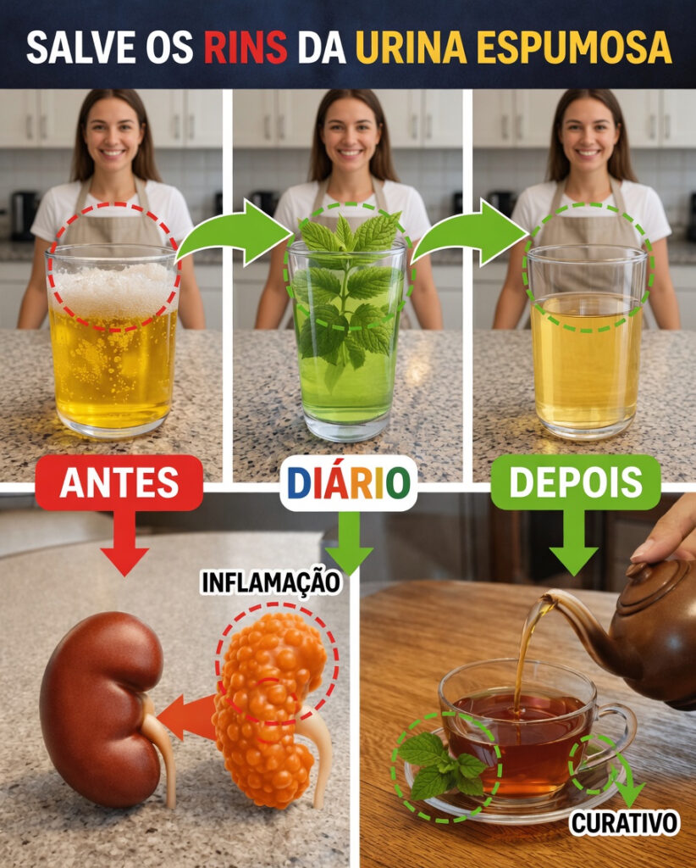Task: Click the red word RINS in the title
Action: point(246,47)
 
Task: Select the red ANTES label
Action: point(119,482)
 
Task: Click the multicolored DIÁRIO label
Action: point(348,482)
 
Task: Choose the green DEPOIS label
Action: point(576,481)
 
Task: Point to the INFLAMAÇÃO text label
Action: point(270,583)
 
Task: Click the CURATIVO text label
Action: point(624,823)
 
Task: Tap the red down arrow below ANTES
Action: point(124,542)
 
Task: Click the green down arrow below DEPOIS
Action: point(574,542)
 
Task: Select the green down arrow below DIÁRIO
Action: point(349,543)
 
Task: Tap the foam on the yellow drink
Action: point(114,290)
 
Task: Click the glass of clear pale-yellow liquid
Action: point(587,342)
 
